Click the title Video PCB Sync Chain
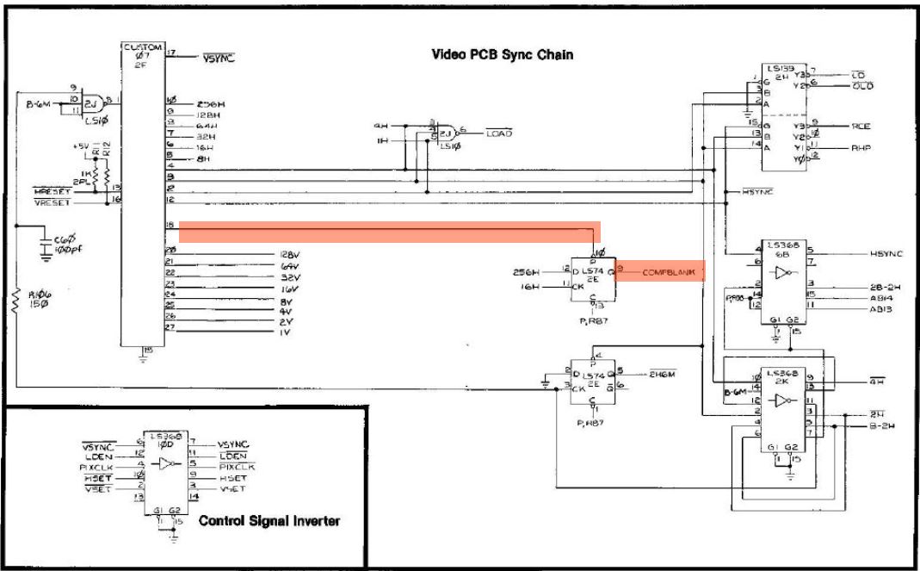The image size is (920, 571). pos(502,55)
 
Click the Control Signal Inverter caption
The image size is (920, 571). pos(270,520)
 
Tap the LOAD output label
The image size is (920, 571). pos(499,133)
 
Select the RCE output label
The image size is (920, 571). pos(861,126)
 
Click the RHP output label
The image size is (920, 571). pos(861,148)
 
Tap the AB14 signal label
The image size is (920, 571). pos(880,295)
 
